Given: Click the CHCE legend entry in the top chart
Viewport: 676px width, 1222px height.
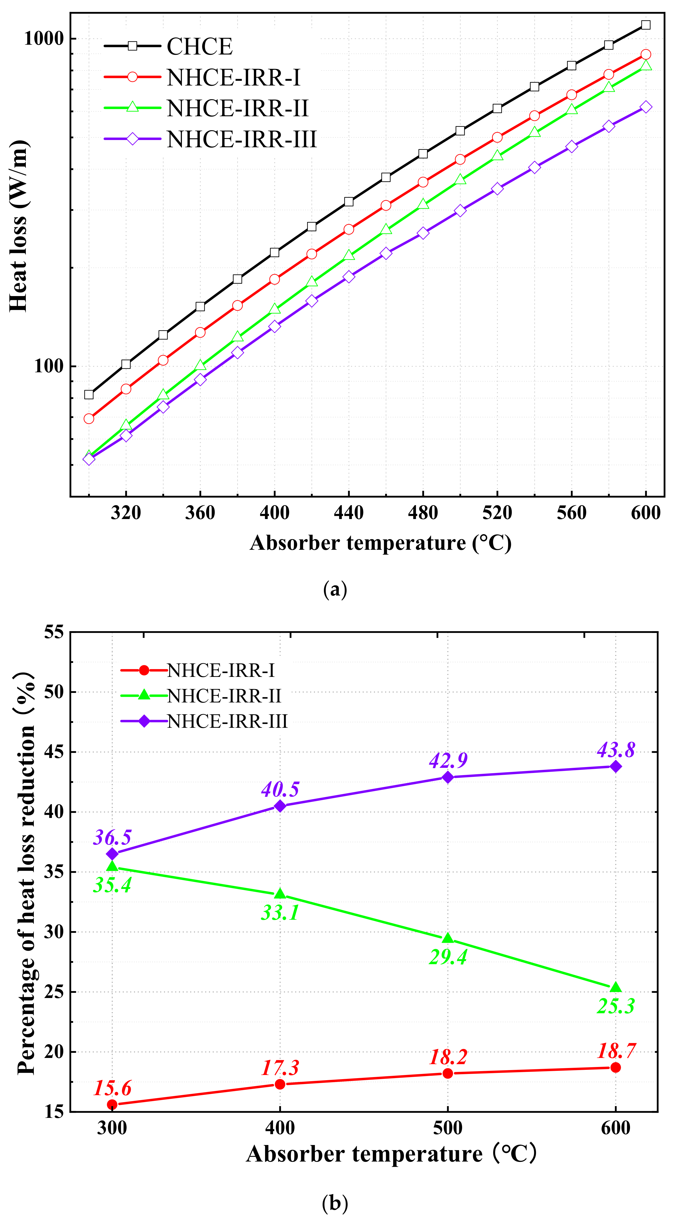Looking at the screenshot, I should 199,47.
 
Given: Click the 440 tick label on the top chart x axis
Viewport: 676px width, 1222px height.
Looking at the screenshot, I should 349,513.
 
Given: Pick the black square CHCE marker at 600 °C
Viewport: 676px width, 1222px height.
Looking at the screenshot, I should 646,25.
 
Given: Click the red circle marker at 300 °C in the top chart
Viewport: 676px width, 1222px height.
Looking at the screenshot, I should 89,419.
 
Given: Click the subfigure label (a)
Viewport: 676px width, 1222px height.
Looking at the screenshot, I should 335,590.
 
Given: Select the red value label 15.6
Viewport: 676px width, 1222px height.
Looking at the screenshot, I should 112,1088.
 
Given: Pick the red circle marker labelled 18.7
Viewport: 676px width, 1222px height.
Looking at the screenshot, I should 616,1067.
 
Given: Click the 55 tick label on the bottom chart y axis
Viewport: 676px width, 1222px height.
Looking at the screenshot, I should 54,632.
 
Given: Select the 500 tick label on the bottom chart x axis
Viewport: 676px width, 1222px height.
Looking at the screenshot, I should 448,1128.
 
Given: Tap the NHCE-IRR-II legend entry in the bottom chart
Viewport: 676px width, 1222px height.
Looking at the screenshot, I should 224,696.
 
